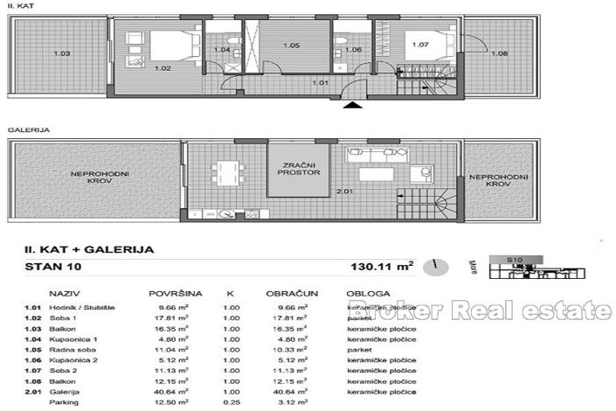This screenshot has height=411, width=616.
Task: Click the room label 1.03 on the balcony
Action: point(61,54)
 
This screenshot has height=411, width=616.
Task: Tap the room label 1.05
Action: point(291,45)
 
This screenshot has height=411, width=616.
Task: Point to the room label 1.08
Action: point(499,54)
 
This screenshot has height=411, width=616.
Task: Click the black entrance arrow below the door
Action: point(350,106)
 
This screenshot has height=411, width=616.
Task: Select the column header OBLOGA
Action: point(363,295)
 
